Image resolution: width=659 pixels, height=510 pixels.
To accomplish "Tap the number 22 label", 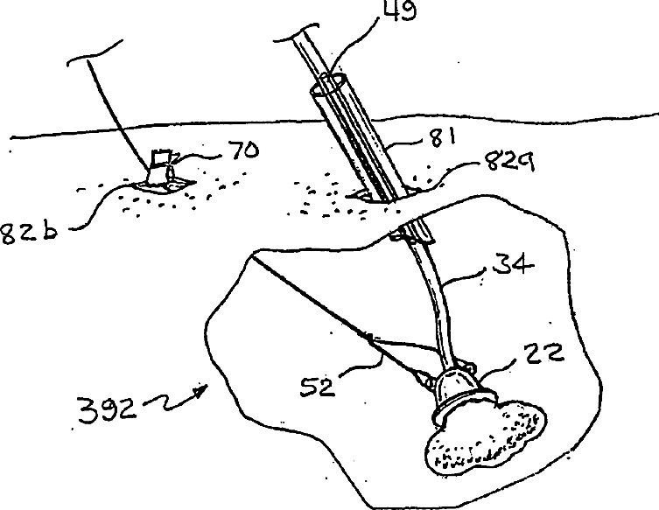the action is pyautogui.click(x=543, y=353).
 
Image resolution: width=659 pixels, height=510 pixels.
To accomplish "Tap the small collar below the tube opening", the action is pyautogui.click(x=414, y=233).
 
